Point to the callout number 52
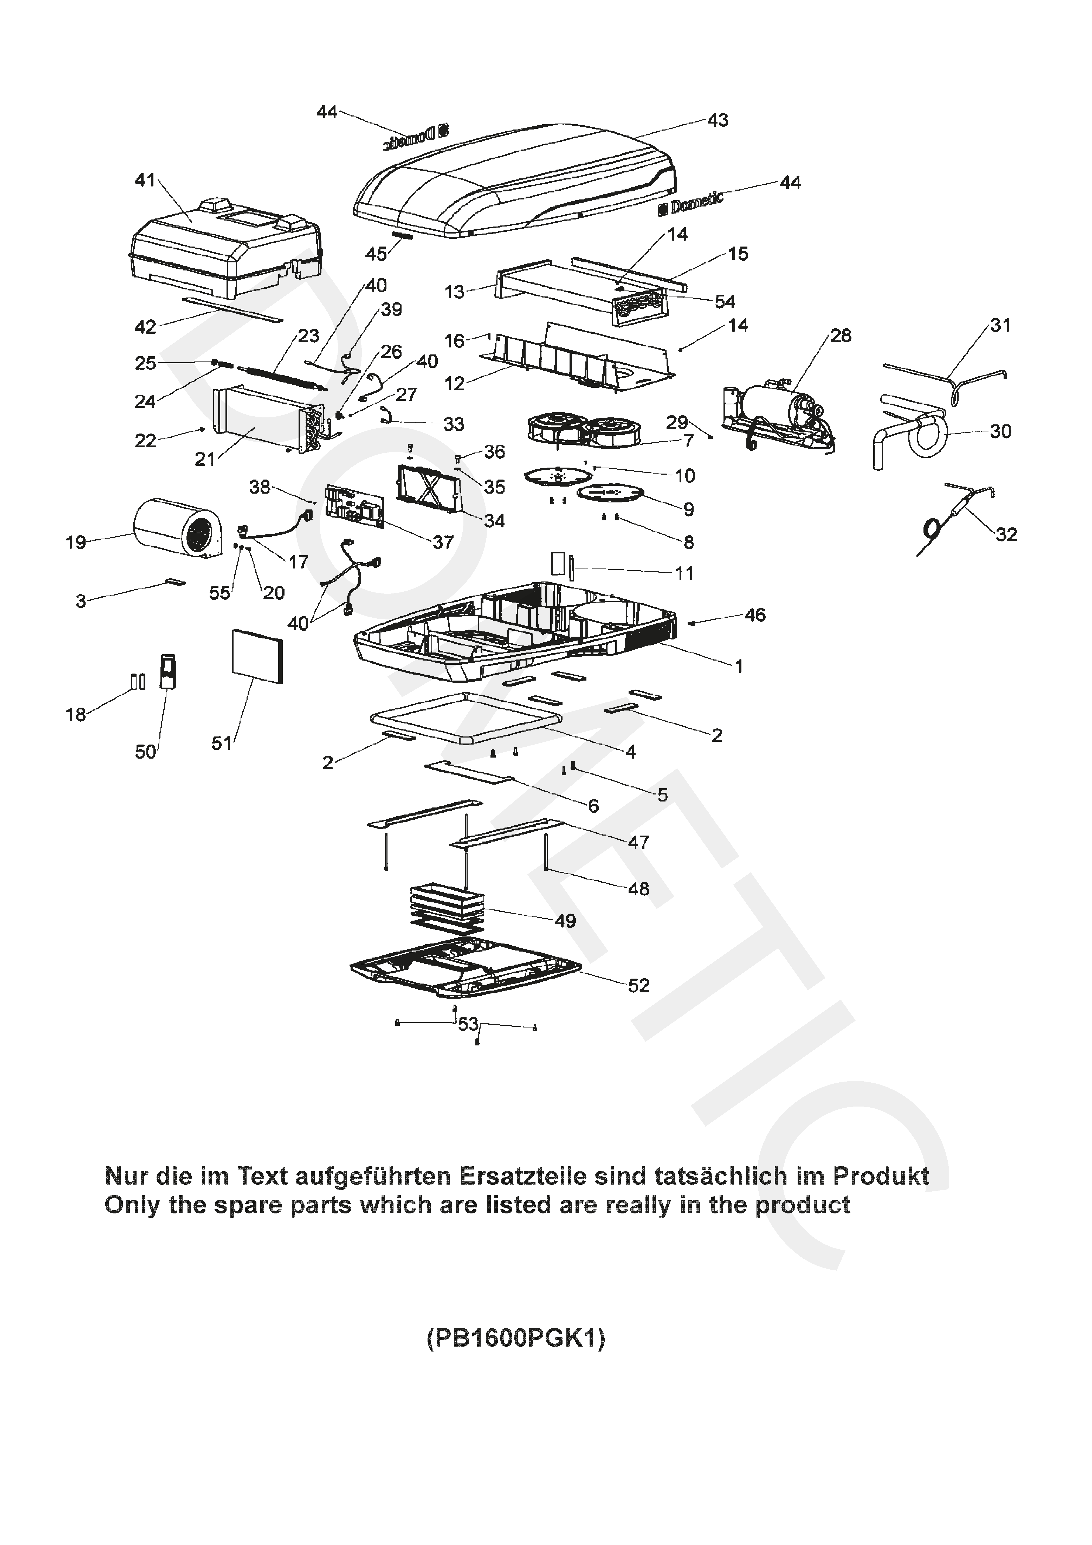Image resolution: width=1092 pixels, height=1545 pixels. (638, 986)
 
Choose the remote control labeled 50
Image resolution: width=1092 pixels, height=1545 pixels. (167, 671)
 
